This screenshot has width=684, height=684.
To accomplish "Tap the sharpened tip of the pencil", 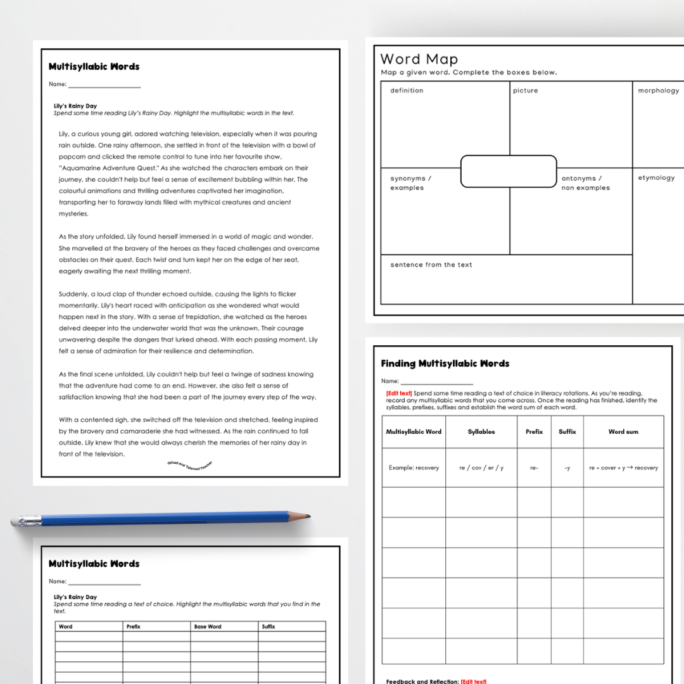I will [307, 517].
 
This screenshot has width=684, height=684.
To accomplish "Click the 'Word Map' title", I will [419, 60].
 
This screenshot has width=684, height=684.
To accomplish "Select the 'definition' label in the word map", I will [407, 91].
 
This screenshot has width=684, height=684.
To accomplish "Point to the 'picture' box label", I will [525, 91].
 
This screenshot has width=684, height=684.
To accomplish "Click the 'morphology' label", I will [658, 91].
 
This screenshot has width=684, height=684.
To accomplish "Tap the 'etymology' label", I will [656, 178].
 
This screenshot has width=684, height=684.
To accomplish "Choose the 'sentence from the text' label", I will [431, 265].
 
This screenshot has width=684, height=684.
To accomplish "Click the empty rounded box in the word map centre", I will [509, 171].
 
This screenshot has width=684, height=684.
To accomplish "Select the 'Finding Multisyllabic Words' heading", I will [445, 364].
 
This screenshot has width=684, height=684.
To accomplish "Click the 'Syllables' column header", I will [481, 432].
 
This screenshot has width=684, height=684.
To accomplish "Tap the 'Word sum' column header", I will [623, 432].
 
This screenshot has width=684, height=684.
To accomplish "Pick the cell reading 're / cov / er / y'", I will [481, 468].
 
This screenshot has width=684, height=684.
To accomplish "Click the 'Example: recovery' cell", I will [414, 468].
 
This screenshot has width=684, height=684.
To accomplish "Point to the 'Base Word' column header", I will [208, 626].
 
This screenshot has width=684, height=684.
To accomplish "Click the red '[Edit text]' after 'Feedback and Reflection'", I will [473, 681].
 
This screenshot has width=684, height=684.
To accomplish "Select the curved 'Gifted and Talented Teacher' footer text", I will [190, 465].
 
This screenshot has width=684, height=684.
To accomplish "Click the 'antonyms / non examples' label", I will [585, 183].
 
